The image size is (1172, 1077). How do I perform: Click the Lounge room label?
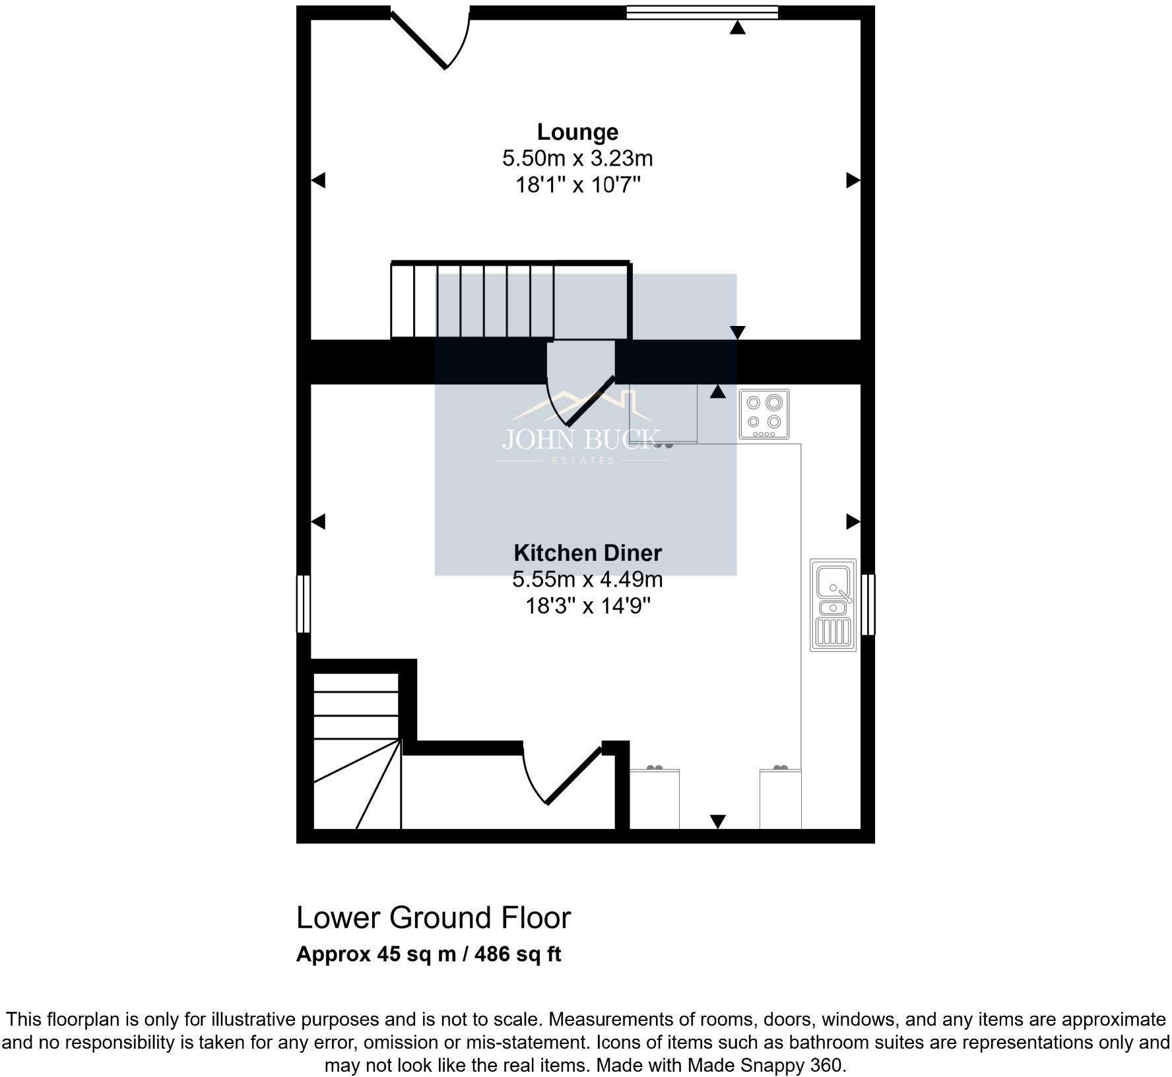tap(577, 132)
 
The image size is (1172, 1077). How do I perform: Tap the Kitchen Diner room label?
tap(587, 553)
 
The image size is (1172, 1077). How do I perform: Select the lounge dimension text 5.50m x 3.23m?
tap(577, 158)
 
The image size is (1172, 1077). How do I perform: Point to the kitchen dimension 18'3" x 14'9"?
tap(587, 606)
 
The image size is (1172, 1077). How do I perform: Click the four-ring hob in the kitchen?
tap(764, 414)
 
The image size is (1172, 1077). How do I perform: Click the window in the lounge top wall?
tap(702, 12)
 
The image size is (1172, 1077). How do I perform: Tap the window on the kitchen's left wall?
tap(303, 603)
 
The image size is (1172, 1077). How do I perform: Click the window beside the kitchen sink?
tap(868, 604)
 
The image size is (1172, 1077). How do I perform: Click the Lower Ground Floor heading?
tap(434, 918)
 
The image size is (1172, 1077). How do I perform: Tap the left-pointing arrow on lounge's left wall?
tap(318, 179)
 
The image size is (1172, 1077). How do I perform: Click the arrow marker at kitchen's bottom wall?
tap(717, 821)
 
